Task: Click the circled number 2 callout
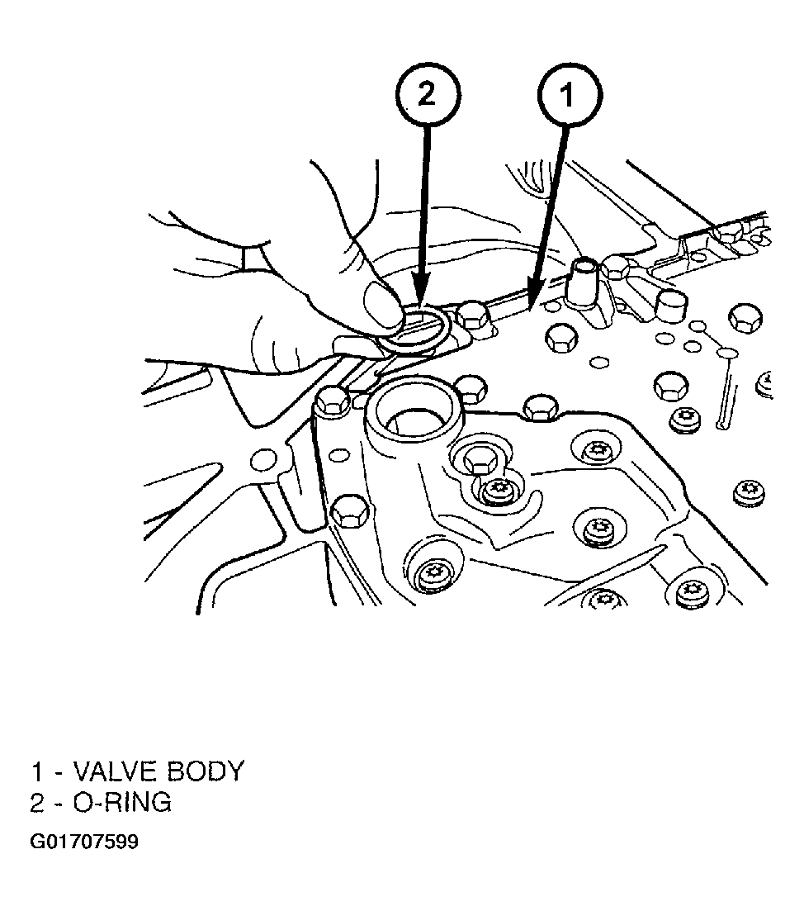pyautogui.click(x=428, y=93)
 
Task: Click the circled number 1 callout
pyautogui.click(x=569, y=93)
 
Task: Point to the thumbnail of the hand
pyautogui.click(x=381, y=305)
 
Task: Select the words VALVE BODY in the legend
pyautogui.click(x=158, y=771)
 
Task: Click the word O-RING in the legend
pyautogui.click(x=122, y=802)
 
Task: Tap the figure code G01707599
pyautogui.click(x=84, y=842)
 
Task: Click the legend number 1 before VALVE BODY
pyautogui.click(x=36, y=771)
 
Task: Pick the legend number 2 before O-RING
pyautogui.click(x=37, y=802)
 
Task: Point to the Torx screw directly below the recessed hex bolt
pyautogui.click(x=498, y=490)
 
